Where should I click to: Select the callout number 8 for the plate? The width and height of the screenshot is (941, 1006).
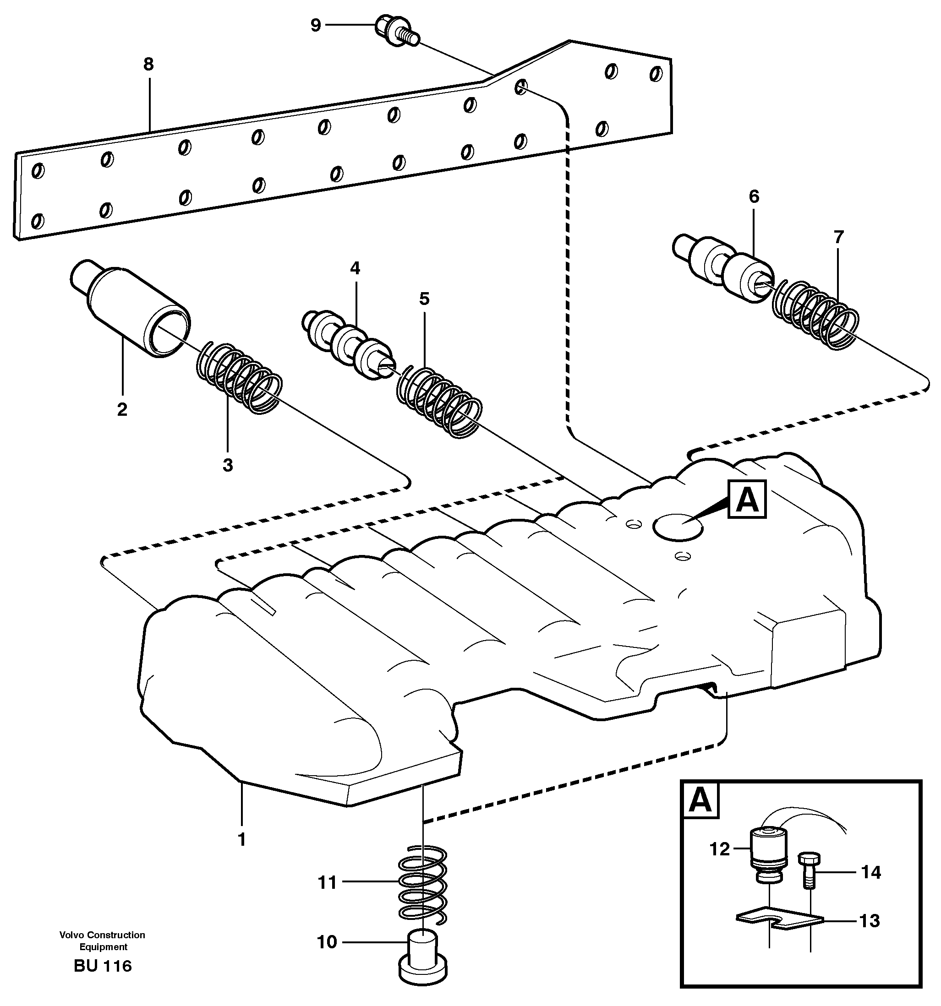click(148, 64)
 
